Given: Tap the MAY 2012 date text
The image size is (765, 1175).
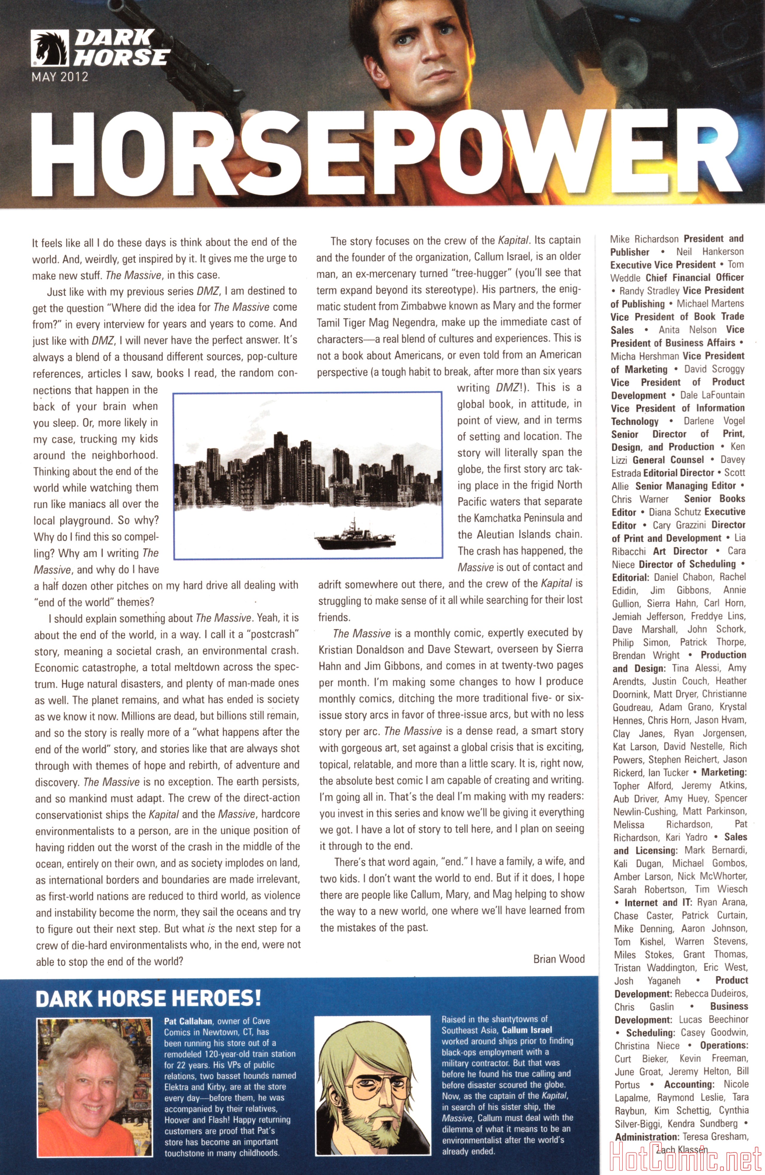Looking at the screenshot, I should click(60, 77).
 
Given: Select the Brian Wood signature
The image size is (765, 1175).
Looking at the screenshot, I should click(559, 958).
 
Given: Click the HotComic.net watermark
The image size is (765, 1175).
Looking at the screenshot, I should click(686, 1157).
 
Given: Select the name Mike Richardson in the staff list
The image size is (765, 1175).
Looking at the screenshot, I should click(644, 239).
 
